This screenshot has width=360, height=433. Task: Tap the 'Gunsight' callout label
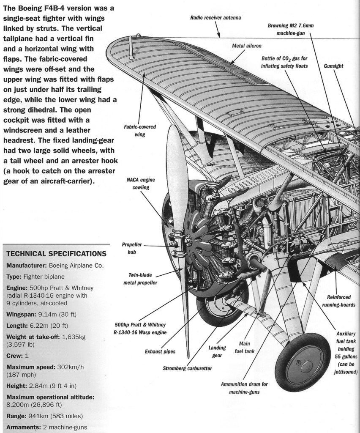point(333,66)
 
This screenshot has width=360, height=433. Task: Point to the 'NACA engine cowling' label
point(138,183)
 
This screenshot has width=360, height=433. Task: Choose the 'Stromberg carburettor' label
point(187,368)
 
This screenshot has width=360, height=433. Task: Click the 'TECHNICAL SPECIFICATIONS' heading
point(56,254)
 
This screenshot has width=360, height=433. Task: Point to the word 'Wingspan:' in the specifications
point(21,314)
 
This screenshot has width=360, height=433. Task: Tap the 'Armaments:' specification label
point(22,427)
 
